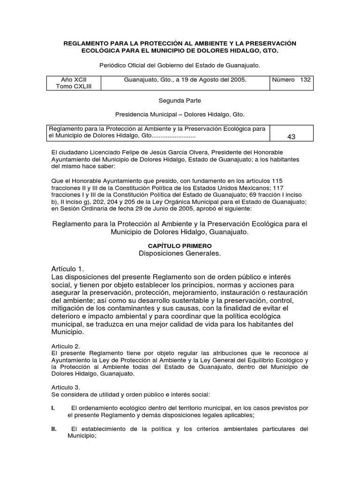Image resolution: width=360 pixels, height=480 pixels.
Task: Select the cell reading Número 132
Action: pos(291,80)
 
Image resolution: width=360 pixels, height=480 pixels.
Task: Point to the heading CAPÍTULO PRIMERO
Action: pos(180,246)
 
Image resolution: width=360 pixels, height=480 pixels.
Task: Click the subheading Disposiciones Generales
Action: pos(180,254)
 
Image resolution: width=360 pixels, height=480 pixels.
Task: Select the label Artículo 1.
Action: pos(67,269)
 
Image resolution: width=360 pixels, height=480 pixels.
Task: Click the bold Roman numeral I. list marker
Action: pos(53,408)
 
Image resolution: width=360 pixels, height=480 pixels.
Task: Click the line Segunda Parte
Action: pos(180,100)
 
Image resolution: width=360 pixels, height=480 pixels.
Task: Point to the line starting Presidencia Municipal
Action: pos(180,114)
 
